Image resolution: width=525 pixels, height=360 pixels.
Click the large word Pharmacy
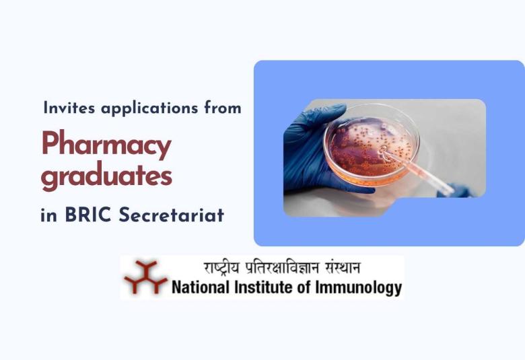[106, 146]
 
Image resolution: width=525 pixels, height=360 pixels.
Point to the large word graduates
[106, 177]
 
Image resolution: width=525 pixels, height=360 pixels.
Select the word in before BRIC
[48, 216]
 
